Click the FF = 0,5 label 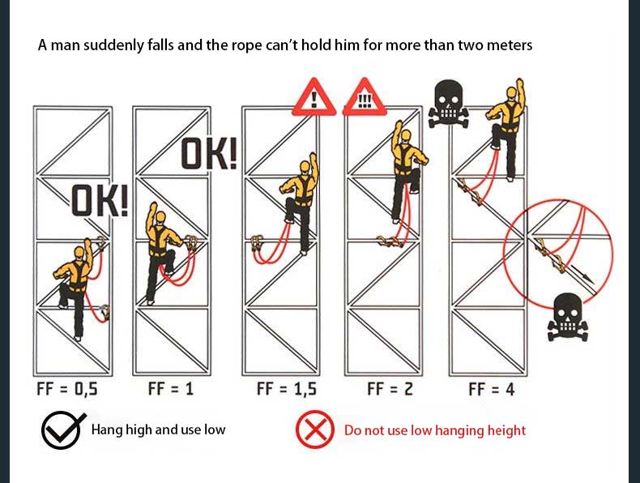pyautogui.click(x=67, y=388)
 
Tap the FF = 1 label pyautogui.click(x=171, y=388)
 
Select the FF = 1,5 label pyautogui.click(x=287, y=388)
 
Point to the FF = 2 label pyautogui.click(x=390, y=388)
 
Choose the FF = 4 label pyautogui.click(x=492, y=389)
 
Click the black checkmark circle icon pyautogui.click(x=62, y=430)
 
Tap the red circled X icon pyautogui.click(x=314, y=430)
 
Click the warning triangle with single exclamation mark pyautogui.click(x=314, y=97)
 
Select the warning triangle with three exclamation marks pyautogui.click(x=365, y=97)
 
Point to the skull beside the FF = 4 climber pyautogui.click(x=449, y=104)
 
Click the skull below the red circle pyautogui.click(x=567, y=317)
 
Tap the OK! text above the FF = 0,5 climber pyautogui.click(x=100, y=200)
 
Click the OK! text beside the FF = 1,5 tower pyautogui.click(x=208, y=153)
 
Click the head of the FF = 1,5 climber pyautogui.click(x=305, y=168)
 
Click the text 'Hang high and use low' pyautogui.click(x=158, y=430)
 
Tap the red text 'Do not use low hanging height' pyautogui.click(x=435, y=430)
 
